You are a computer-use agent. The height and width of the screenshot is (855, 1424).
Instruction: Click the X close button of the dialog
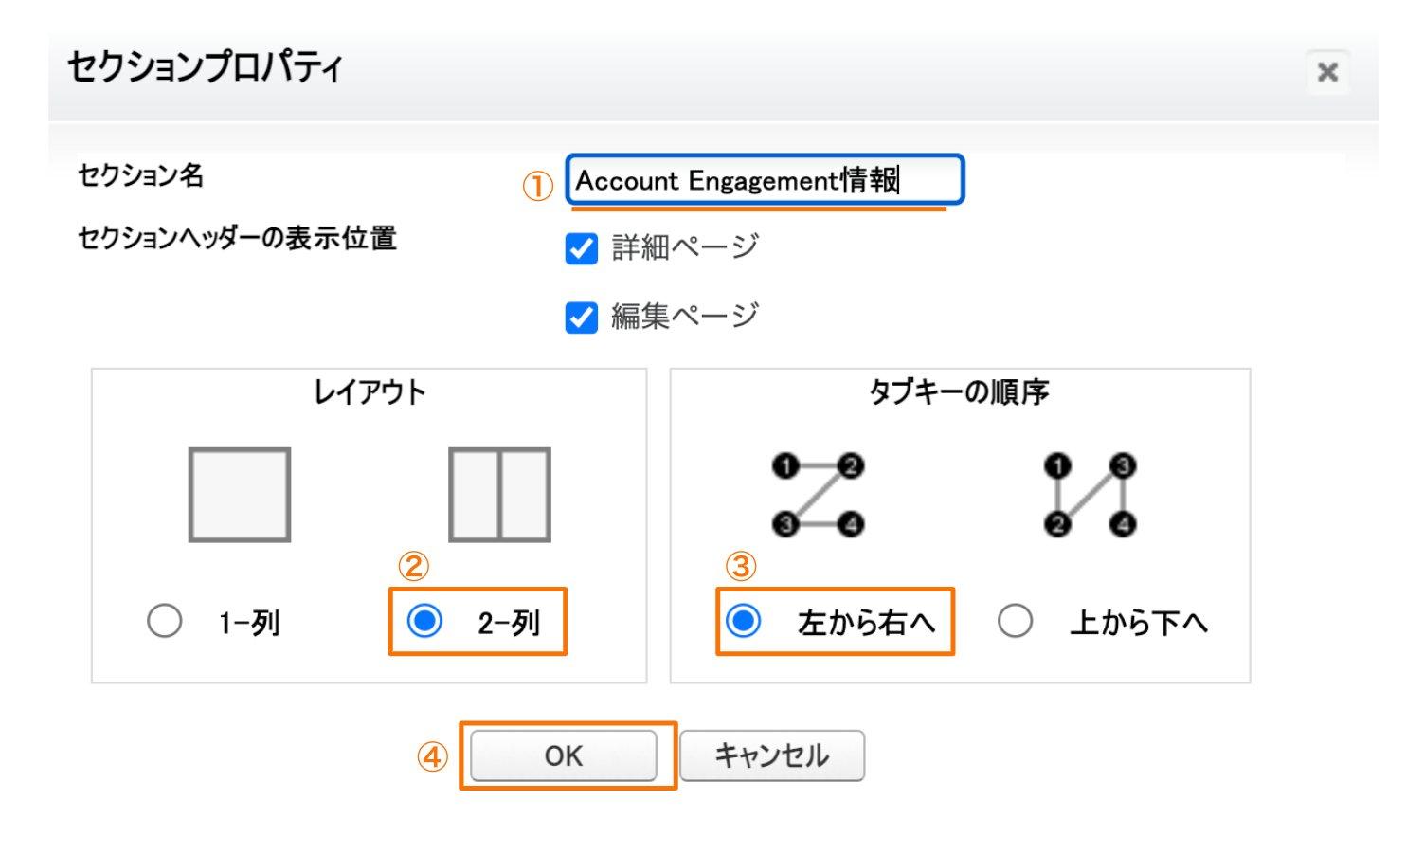tap(1327, 72)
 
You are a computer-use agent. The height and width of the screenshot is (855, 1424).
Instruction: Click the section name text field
tap(764, 180)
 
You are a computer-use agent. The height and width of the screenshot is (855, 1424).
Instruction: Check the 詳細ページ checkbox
tap(581, 249)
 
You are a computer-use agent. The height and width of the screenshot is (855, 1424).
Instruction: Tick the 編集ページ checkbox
tap(581, 318)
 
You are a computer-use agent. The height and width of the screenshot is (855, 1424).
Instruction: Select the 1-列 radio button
tap(165, 622)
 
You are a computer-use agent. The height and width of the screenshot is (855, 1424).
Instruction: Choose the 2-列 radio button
tap(424, 622)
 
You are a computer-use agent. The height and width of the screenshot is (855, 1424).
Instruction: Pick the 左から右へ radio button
tap(743, 622)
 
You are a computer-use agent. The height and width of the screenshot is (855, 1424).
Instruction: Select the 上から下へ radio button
tap(1015, 622)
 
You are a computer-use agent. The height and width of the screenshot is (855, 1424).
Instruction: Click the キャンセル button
tap(771, 755)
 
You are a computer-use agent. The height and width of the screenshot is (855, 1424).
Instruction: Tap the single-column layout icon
tap(240, 495)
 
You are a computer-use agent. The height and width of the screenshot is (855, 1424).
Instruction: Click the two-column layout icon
tap(499, 495)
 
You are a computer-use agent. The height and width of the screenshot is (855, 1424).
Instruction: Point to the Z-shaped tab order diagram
tap(819, 495)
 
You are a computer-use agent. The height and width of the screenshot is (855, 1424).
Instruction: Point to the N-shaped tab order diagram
tap(1090, 495)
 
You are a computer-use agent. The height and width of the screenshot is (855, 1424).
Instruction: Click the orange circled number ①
tap(538, 186)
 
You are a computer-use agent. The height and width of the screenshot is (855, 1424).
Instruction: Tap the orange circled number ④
tap(432, 756)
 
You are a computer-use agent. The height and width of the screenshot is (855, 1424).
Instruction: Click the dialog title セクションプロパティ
tap(205, 67)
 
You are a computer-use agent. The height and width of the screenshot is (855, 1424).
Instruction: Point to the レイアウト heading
tap(370, 391)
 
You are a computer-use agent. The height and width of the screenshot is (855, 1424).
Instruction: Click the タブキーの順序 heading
tap(959, 391)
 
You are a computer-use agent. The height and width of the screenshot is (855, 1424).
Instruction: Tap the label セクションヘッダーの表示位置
tap(237, 238)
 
